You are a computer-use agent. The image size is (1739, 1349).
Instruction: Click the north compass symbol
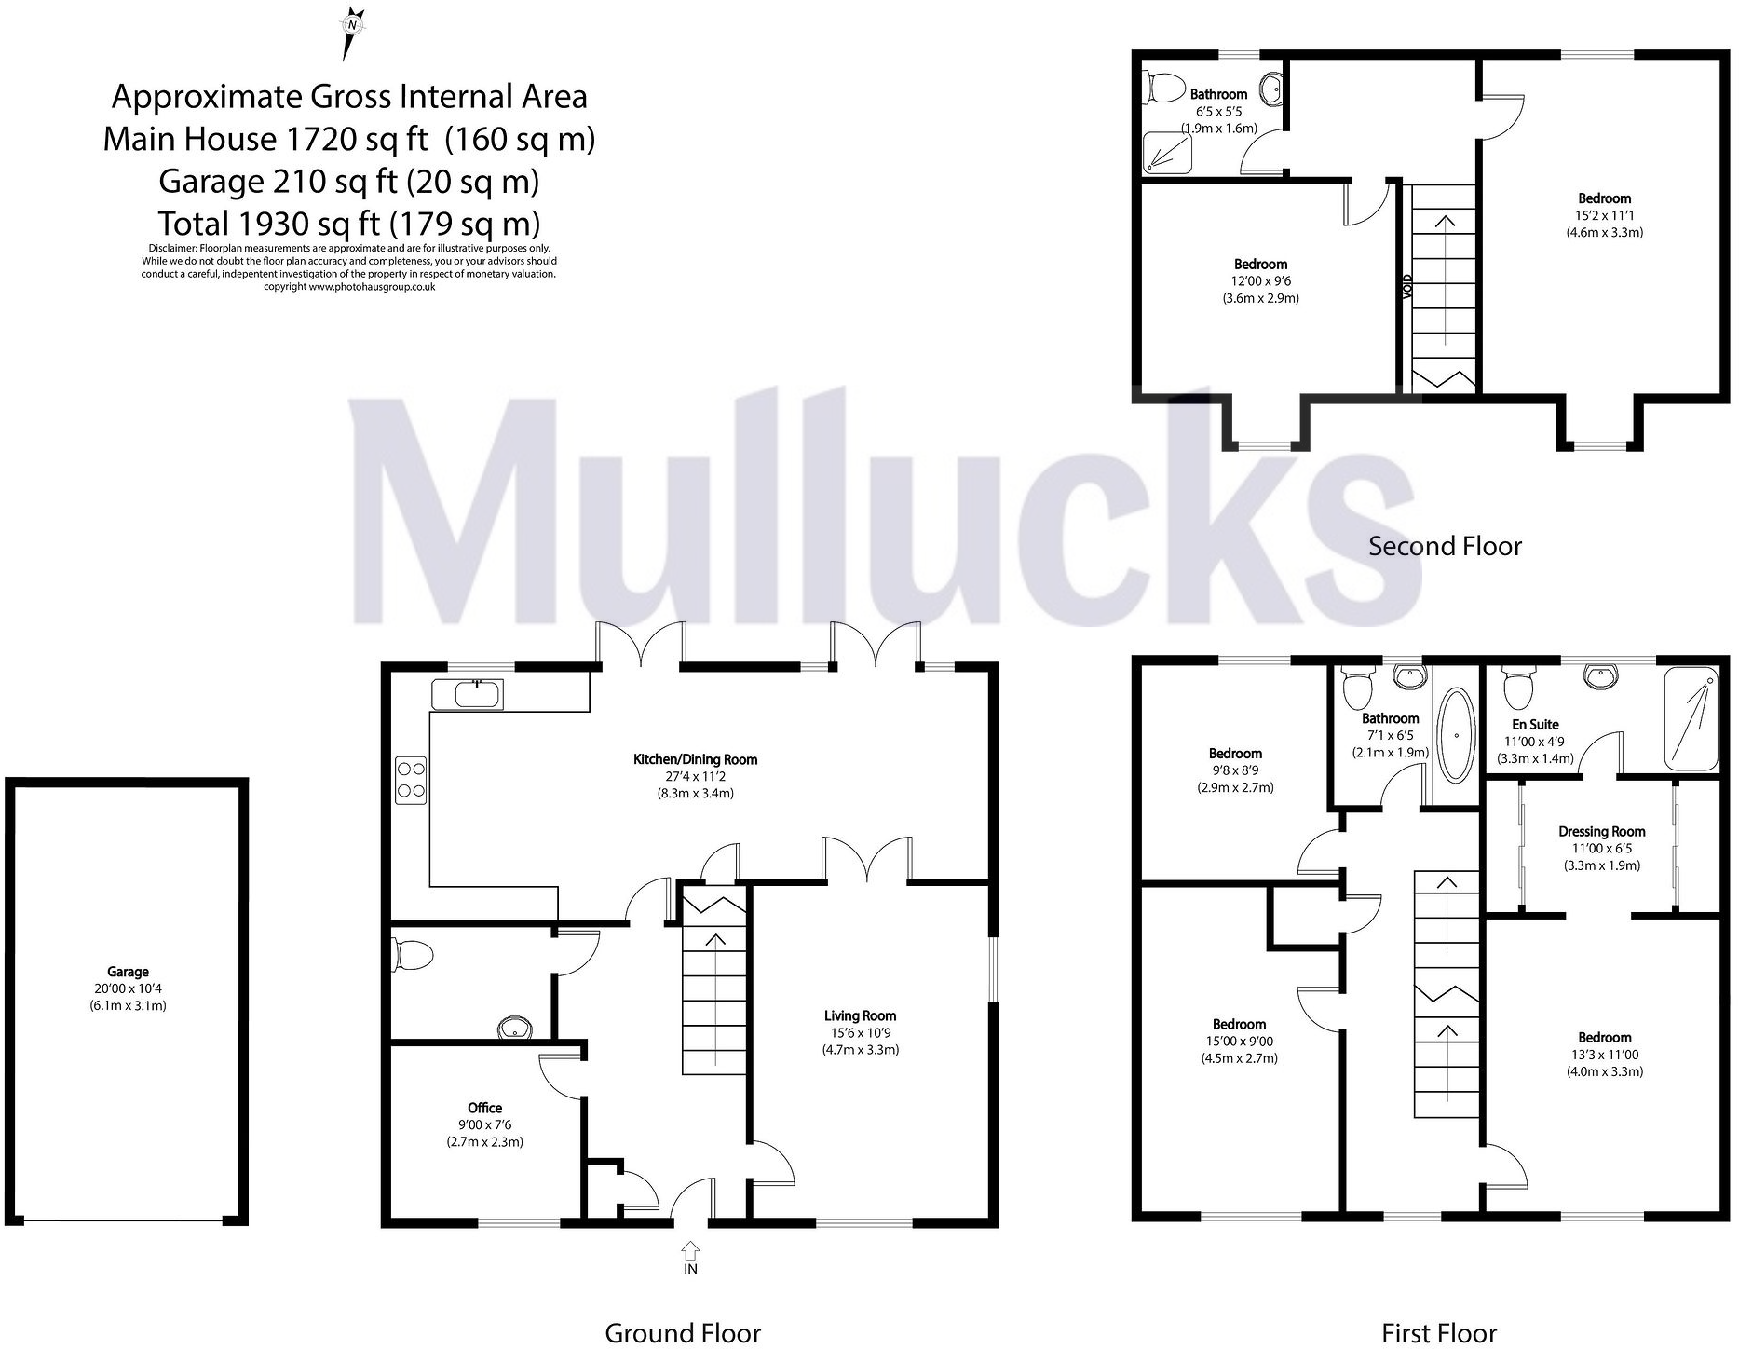coord(351,32)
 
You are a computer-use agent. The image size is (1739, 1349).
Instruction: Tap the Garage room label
coord(128,972)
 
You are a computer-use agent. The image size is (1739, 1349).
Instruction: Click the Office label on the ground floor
coord(484,1108)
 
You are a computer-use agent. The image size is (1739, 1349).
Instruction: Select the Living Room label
coord(860,1015)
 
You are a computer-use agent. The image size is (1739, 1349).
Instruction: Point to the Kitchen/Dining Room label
coord(695,759)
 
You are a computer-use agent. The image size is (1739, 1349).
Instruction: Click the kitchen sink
coord(468,694)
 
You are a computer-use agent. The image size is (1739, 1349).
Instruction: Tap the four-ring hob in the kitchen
coord(412,779)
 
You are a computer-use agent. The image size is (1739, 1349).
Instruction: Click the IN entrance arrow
coord(690,1251)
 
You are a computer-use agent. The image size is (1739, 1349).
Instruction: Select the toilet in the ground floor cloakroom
coord(414,956)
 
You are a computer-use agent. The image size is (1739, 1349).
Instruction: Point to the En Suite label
coord(1535,724)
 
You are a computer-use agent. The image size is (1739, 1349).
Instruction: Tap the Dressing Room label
coord(1602,831)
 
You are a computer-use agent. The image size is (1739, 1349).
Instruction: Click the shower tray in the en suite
coord(1691,718)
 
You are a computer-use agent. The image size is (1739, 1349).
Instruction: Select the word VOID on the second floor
coord(1407,285)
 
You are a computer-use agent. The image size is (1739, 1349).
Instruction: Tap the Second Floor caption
coord(1445,546)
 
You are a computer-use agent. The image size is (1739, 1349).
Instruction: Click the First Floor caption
coord(1439,1333)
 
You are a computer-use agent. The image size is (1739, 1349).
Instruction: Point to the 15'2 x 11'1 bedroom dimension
coord(1604,215)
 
